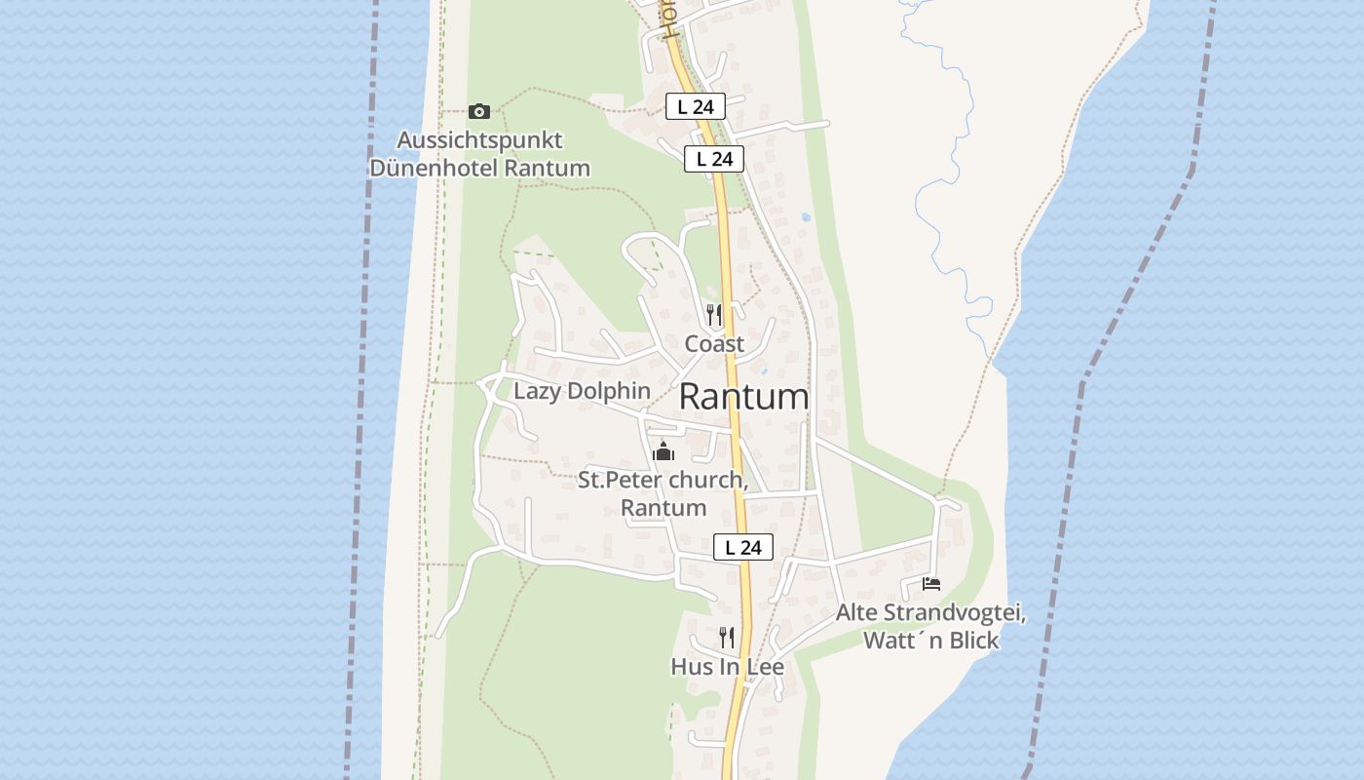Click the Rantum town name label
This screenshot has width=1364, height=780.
pos(743,397)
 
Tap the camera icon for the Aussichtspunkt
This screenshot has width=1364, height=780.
pos(479,111)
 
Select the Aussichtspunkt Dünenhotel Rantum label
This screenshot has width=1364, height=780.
pos(479,154)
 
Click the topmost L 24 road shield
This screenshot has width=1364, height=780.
pos(696,106)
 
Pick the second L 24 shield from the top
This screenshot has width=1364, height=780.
pos(714,159)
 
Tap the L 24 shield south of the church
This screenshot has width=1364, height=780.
pos(743,547)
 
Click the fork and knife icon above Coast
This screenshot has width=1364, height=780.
pos(714,314)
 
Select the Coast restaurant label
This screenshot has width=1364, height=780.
pos(714,343)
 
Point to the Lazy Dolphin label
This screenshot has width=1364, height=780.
pos(582,391)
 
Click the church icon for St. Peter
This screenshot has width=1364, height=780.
pos(663,451)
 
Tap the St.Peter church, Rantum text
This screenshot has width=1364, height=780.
pos(663,493)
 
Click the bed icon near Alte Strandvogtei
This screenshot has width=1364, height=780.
pos(931,584)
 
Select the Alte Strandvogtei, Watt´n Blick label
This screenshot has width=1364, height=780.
pos(931,627)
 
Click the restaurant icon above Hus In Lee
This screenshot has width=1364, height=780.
pos(727,638)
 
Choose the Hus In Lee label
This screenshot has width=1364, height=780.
pos(727,667)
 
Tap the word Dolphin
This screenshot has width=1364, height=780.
pos(610,391)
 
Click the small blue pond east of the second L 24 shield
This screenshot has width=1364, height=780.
pos(805,216)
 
